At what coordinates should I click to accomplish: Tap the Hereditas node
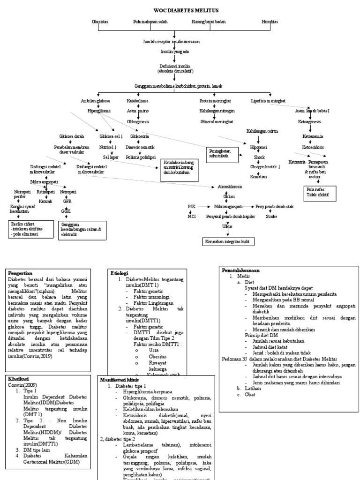click(270, 22)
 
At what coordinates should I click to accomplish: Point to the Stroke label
click(271, 217)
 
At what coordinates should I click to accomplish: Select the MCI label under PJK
click(191, 216)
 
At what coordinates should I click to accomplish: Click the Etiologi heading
click(119, 272)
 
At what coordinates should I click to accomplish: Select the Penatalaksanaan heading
click(241, 270)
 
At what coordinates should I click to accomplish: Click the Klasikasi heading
click(18, 378)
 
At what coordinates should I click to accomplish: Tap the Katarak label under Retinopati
click(45, 201)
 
